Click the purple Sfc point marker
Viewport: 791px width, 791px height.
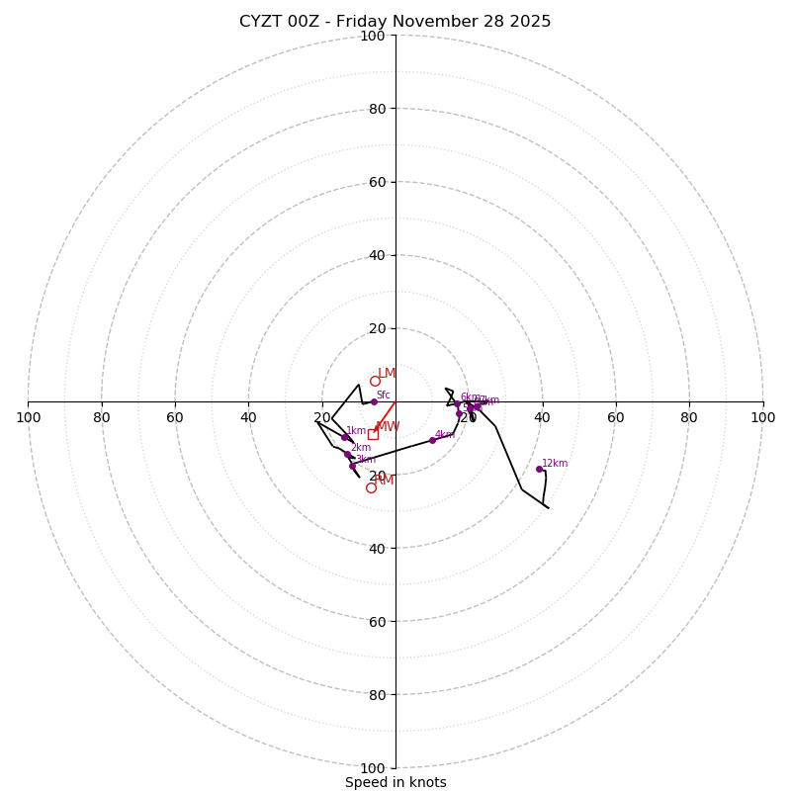point(374,401)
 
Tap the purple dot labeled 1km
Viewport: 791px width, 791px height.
point(344,437)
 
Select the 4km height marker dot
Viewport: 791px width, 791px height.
point(432,440)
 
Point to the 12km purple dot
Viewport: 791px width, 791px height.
point(539,469)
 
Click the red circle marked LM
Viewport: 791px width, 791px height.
point(375,381)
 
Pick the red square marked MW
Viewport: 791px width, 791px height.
point(373,434)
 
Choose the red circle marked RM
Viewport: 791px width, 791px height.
point(371,487)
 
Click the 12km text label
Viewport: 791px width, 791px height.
point(555,463)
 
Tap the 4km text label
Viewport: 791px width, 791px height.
point(444,434)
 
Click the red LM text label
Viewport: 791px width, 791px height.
point(387,374)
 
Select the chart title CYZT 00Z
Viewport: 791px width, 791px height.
point(395,22)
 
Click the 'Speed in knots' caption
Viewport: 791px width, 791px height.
point(395,782)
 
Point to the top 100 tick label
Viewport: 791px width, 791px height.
point(373,36)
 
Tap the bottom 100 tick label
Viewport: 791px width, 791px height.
point(373,767)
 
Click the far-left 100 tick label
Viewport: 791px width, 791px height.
point(29,417)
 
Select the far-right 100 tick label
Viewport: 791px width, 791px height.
point(762,417)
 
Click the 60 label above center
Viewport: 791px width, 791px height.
point(377,182)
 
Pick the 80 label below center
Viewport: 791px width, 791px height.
point(377,694)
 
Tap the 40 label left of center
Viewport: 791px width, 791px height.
point(248,417)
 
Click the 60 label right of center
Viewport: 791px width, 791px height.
point(615,417)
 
